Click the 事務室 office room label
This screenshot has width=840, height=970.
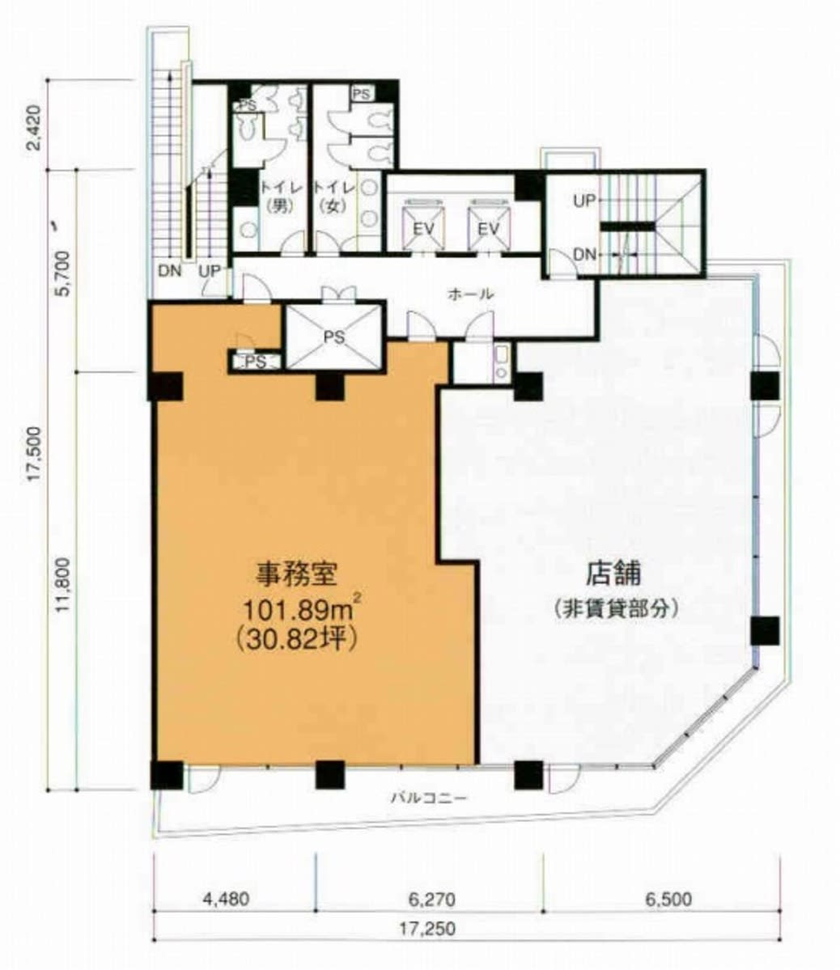(296, 574)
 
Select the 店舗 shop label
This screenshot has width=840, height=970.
(614, 574)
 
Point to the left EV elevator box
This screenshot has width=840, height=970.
(423, 227)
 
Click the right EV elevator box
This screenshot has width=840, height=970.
(489, 227)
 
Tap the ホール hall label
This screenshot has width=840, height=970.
(470, 294)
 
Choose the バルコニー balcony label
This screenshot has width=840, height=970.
(429, 798)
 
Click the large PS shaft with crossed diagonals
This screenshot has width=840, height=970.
(334, 337)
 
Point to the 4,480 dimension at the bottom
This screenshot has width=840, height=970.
(226, 898)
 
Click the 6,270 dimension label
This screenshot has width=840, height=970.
(432, 898)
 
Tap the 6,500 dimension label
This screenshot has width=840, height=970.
(668, 898)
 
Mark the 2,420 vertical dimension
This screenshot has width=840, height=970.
(35, 127)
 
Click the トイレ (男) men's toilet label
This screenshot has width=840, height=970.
(282, 196)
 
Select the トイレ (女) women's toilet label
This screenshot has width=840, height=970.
(333, 196)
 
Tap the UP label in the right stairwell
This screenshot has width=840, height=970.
(584, 201)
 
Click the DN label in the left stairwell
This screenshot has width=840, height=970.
(169, 270)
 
